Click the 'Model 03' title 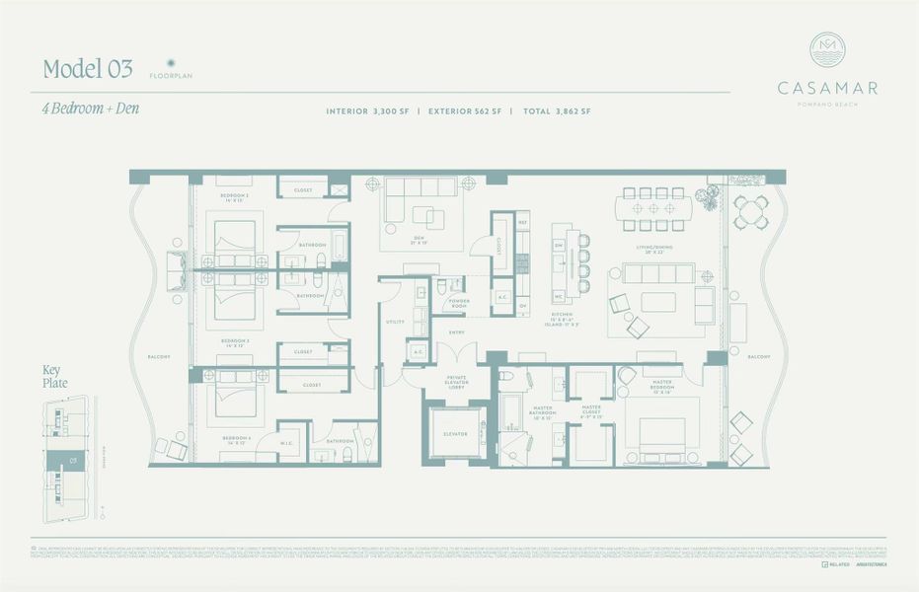[x=88, y=68]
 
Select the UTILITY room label [x=395, y=322]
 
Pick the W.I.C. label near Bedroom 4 [x=289, y=441]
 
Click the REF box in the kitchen [x=523, y=224]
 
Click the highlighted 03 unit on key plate [x=72, y=459]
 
